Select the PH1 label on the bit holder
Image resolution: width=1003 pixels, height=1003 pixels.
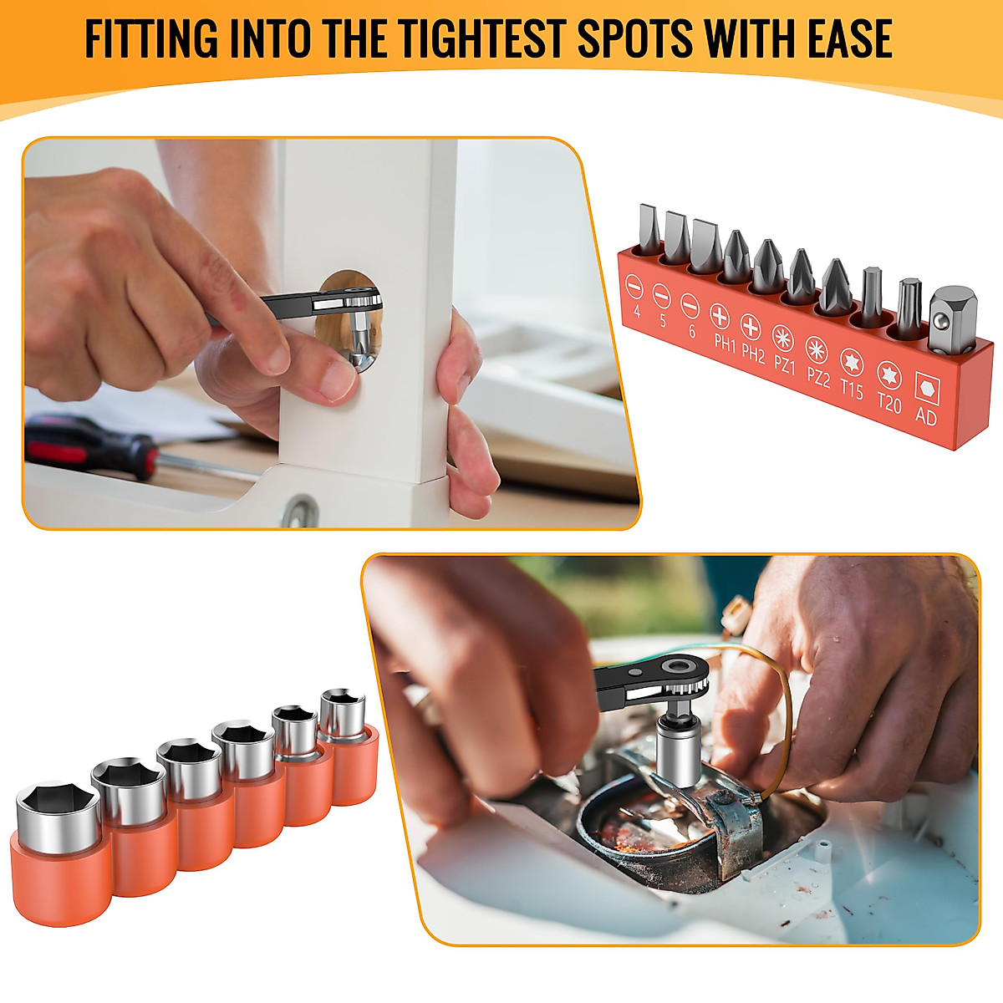[724, 342]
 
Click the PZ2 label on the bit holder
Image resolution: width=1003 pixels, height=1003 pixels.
[817, 377]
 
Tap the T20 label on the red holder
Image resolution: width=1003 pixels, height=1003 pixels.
[888, 404]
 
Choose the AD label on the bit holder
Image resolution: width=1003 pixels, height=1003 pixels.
[925, 415]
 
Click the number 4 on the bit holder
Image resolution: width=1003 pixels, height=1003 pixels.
[637, 312]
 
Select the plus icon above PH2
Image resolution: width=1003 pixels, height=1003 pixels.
[751, 327]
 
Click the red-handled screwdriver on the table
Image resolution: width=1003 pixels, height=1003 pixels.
[92, 444]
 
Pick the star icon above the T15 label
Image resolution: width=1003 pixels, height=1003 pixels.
[852, 362]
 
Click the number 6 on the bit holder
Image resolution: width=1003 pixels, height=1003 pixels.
[691, 330]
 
